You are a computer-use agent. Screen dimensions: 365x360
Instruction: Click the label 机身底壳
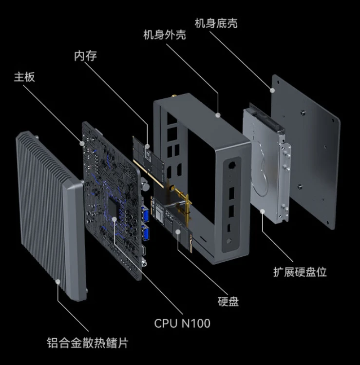pyautogui.click(x=216, y=23)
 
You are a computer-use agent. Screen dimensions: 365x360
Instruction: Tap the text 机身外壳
pyautogui.click(x=164, y=36)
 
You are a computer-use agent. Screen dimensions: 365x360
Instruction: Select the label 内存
pyautogui.click(x=86, y=56)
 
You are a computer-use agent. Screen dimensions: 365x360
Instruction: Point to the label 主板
pyautogui.click(x=24, y=77)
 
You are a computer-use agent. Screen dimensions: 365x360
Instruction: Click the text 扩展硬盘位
pyautogui.click(x=300, y=272)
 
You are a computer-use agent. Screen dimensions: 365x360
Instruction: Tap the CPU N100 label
pyautogui.click(x=182, y=323)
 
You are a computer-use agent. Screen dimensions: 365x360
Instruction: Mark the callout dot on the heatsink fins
pyautogui.click(x=58, y=281)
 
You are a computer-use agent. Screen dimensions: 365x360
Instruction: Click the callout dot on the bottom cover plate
pyautogui.click(x=273, y=90)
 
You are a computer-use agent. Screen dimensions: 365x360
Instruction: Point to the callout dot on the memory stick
pyautogui.click(x=147, y=146)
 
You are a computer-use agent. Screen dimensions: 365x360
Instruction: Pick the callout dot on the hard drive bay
pyautogui.click(x=262, y=211)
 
